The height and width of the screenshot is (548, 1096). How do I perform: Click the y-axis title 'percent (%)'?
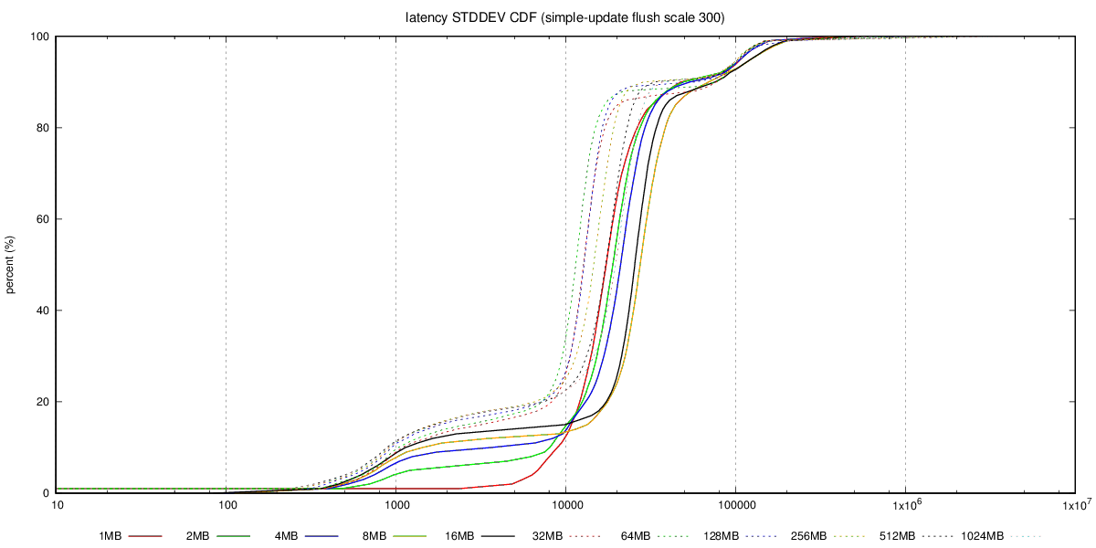[x=11, y=265]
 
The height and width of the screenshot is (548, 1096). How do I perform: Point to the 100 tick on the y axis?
[x=40, y=37]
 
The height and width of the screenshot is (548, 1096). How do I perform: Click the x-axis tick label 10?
[x=57, y=505]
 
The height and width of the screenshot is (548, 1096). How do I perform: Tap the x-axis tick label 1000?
[x=395, y=505]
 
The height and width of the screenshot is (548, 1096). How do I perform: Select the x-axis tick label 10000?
[x=565, y=505]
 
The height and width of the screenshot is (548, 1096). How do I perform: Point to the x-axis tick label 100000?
[x=735, y=505]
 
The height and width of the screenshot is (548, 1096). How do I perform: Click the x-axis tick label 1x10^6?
[x=905, y=505]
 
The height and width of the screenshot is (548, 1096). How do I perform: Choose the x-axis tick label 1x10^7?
[x=1075, y=505]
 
